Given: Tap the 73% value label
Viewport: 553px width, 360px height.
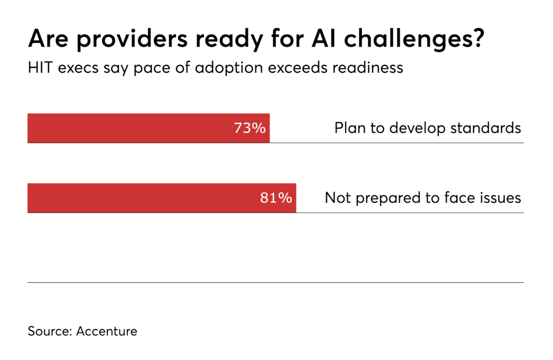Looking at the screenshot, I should tap(249, 128).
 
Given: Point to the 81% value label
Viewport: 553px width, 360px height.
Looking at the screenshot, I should tap(276, 198).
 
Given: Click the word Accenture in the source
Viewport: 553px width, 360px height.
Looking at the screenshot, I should tap(106, 331).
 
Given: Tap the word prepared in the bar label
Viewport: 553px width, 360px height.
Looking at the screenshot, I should tap(383, 198).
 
